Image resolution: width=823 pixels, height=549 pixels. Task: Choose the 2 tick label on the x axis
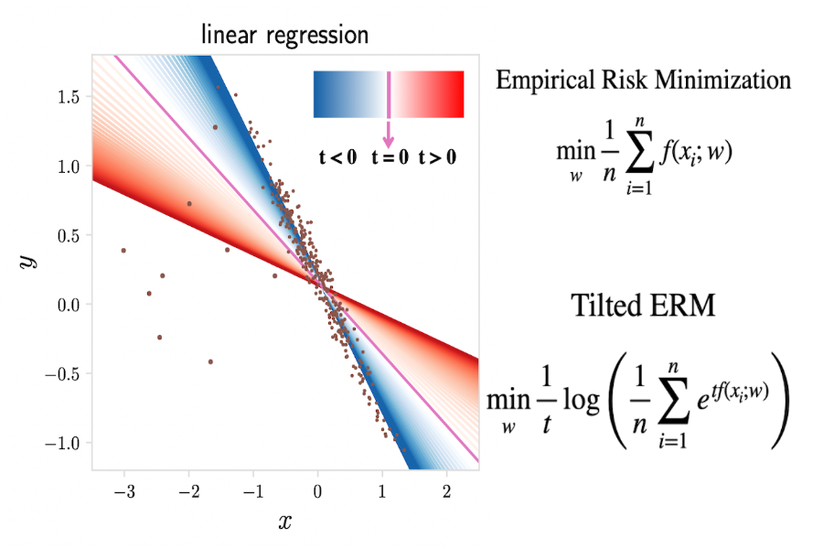click(x=446, y=492)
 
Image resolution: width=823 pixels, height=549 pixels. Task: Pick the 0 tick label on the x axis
click(x=317, y=492)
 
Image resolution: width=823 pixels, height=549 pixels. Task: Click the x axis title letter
click(x=284, y=522)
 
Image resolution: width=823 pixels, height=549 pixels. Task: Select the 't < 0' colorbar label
click(x=337, y=157)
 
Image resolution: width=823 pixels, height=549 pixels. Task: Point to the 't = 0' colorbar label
click(x=388, y=157)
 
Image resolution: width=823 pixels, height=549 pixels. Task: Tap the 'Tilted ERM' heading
click(x=643, y=305)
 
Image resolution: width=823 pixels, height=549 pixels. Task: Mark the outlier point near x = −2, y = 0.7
click(x=189, y=203)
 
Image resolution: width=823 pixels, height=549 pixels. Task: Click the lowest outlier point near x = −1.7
click(x=210, y=361)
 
